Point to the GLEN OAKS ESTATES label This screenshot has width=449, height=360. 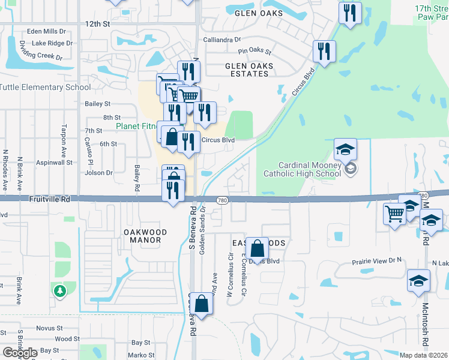pos(249,70)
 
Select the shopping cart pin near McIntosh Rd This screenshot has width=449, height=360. pos(394,213)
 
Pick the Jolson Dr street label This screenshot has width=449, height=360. pos(99,173)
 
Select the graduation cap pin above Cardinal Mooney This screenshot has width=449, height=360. pos(345,149)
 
